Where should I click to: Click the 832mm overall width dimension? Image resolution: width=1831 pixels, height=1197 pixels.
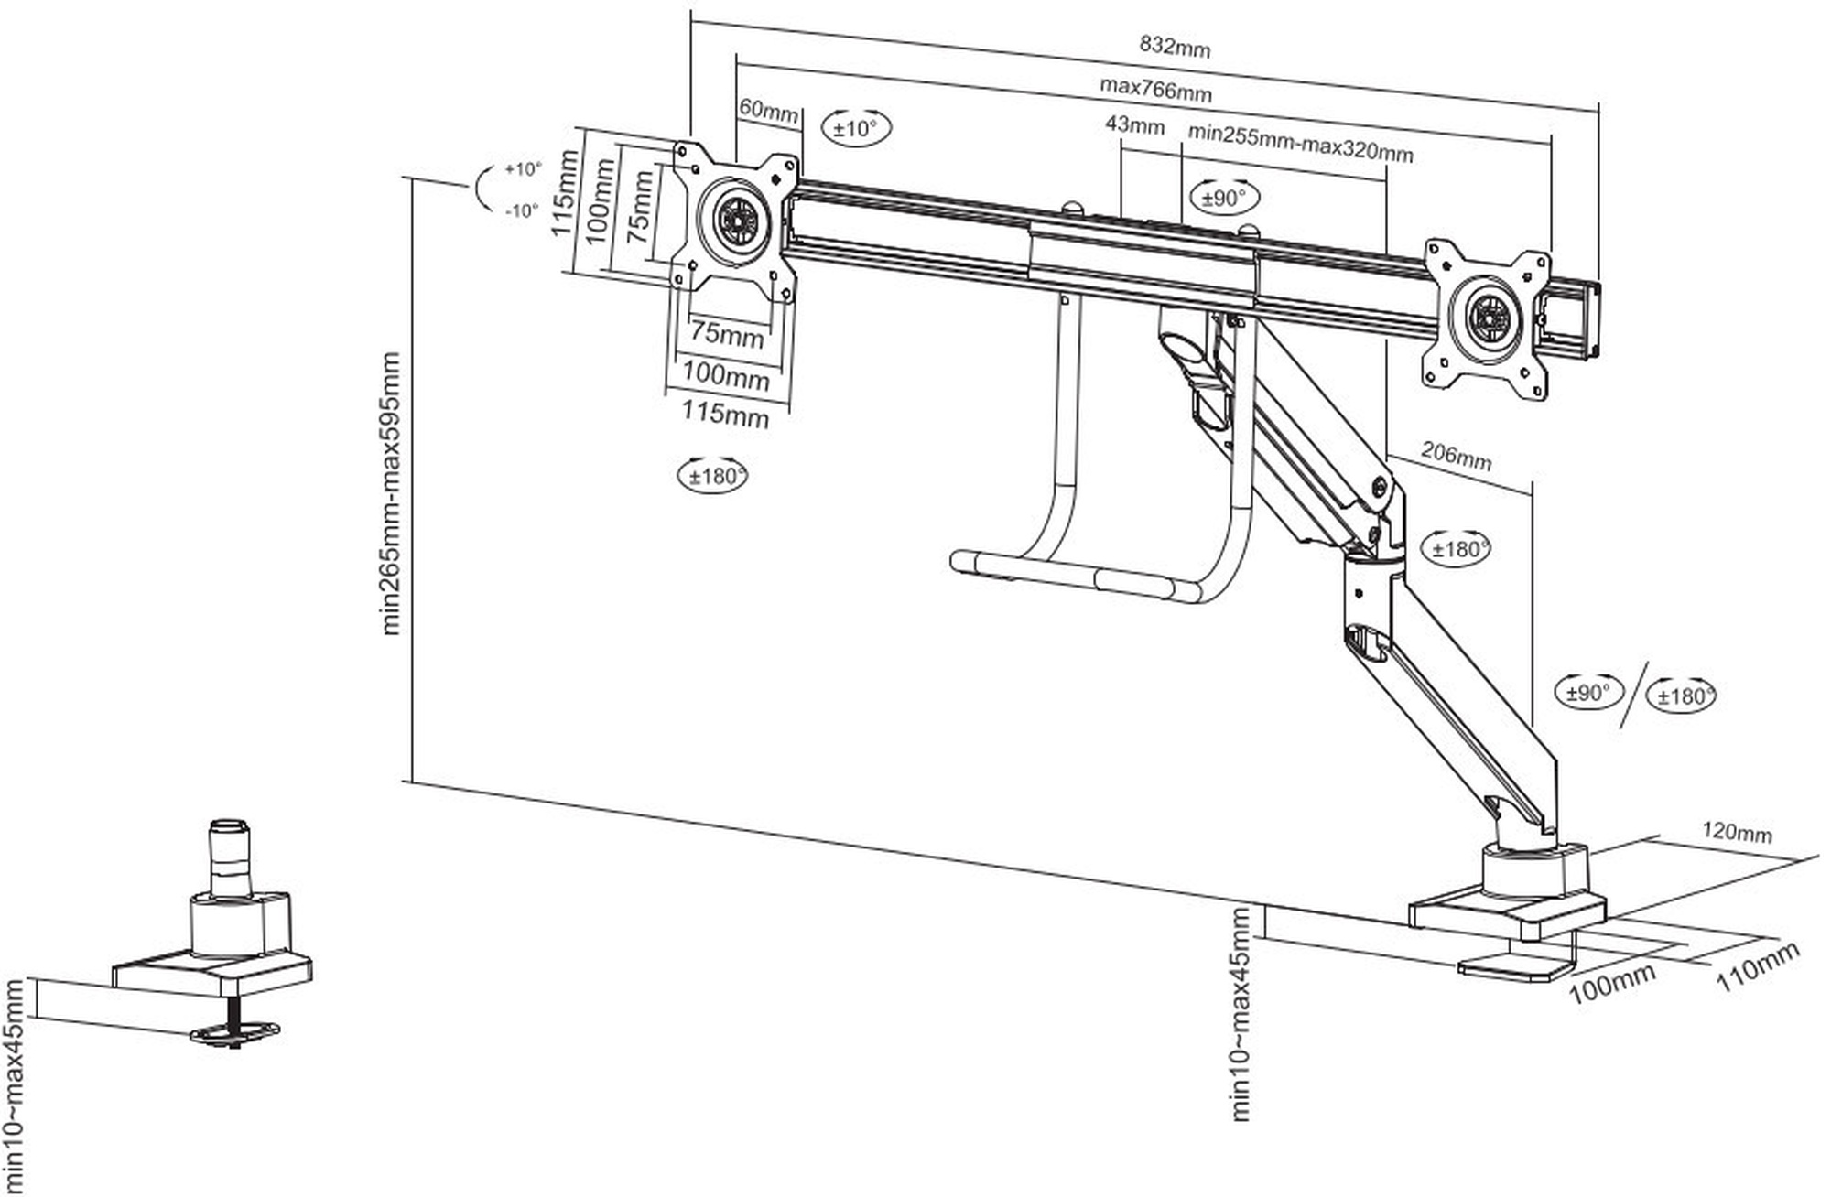pos(1174,46)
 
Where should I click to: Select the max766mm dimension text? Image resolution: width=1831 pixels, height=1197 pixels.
pos(1155,89)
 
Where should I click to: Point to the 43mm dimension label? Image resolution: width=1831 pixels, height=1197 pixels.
pos(1134,124)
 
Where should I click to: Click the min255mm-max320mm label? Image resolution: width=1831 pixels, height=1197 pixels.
pos(1300,143)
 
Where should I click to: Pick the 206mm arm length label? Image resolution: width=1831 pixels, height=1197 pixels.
pos(1456,455)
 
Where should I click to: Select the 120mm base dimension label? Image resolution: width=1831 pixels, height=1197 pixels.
pos(1737,833)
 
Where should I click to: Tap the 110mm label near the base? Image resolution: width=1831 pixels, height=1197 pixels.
pos(1757,965)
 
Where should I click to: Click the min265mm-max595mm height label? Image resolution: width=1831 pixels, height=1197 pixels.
pos(391,494)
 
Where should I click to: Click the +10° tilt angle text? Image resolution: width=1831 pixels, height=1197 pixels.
pos(523,169)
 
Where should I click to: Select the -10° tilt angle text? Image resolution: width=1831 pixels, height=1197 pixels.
pos(522,210)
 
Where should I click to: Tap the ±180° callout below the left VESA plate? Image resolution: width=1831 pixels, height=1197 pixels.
pos(712,476)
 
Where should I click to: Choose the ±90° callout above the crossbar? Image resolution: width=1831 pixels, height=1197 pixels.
pos(1224,198)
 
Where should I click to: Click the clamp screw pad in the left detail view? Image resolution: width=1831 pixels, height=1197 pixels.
pos(234,1034)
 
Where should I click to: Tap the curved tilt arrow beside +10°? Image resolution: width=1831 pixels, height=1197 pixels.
pos(482,189)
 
